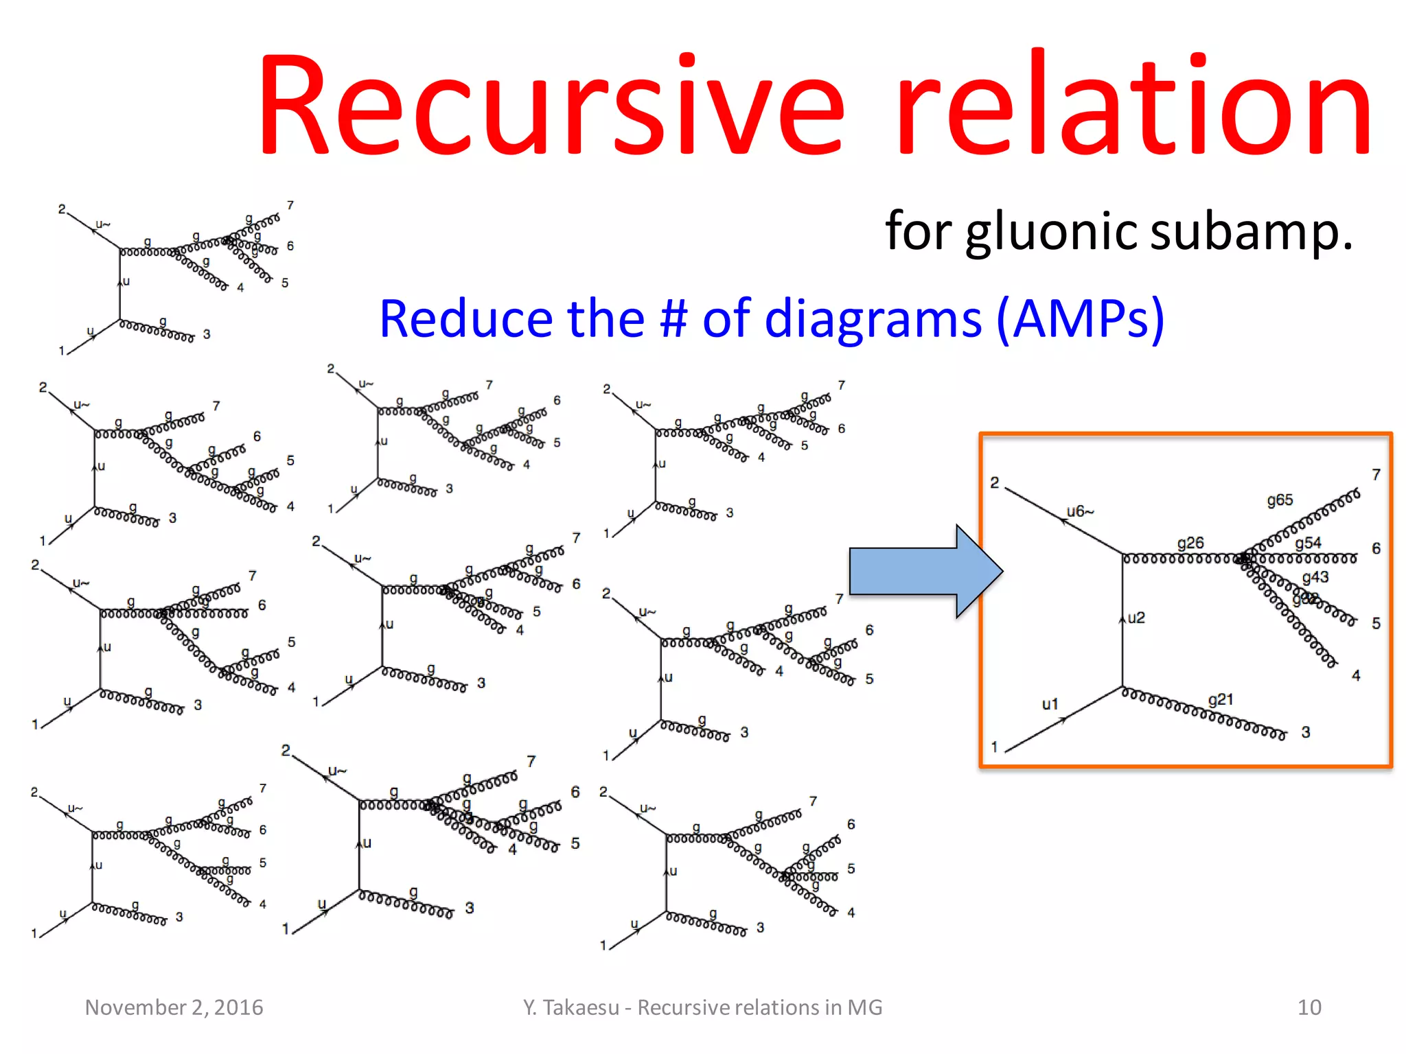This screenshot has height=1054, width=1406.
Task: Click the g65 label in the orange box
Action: point(1280,500)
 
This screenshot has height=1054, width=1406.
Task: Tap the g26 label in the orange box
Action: point(1190,543)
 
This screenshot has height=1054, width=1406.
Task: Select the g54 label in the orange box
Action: point(1308,543)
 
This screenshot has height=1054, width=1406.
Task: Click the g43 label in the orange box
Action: point(1315,577)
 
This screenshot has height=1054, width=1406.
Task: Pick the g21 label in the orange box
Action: point(1221,699)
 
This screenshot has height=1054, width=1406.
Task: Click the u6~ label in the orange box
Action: point(1080,511)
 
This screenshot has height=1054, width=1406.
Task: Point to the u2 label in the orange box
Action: point(1136,618)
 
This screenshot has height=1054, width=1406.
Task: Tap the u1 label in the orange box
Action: point(1050,704)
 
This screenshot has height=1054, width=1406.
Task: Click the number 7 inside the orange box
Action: point(1376,475)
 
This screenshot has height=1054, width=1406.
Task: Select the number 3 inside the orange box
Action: point(1306,732)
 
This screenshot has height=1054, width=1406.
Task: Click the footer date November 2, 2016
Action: point(174,1007)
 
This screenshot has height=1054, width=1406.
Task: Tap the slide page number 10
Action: point(1309,1007)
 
